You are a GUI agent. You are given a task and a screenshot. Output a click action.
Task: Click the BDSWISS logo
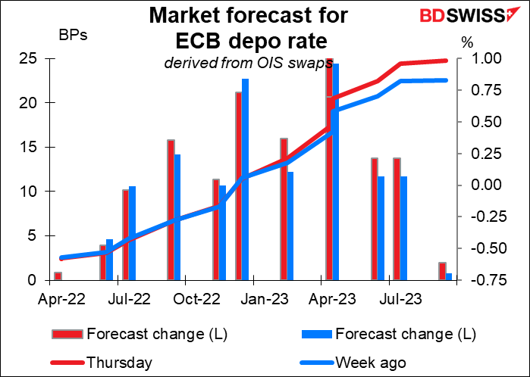[466, 15]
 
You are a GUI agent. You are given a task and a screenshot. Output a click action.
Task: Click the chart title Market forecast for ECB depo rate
[249, 28]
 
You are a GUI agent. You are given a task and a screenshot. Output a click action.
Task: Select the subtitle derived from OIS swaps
[249, 63]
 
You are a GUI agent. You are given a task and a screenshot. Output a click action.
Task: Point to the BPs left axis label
[73, 35]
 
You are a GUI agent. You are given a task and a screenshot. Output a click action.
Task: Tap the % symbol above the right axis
[467, 43]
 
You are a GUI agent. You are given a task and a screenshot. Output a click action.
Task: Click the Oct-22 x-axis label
[196, 299]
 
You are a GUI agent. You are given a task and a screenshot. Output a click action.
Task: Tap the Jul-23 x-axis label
[400, 299]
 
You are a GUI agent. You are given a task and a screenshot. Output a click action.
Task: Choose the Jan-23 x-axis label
[265, 299]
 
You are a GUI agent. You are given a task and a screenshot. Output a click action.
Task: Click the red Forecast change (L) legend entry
[140, 334]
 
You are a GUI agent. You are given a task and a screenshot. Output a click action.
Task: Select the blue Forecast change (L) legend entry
[388, 334]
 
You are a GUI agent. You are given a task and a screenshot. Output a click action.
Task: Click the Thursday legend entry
[102, 363]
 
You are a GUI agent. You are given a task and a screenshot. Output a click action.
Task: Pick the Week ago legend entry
[353, 363]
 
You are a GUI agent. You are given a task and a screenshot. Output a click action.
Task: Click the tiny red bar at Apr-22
[58, 276]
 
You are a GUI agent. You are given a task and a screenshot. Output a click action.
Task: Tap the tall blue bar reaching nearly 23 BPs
[245, 179]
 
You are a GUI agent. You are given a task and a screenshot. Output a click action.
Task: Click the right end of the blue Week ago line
[446, 80]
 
